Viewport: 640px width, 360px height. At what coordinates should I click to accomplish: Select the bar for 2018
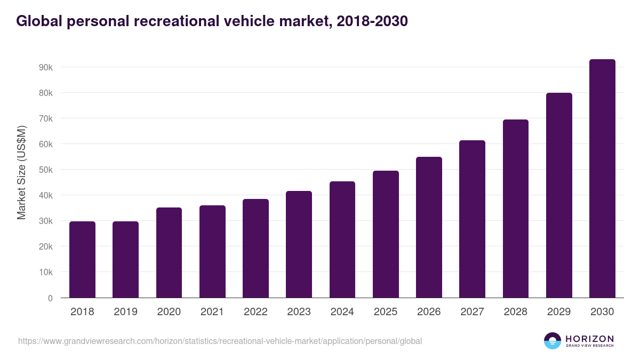82,260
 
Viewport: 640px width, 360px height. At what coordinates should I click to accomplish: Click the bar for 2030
602,179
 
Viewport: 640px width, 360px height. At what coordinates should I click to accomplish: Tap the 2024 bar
342,239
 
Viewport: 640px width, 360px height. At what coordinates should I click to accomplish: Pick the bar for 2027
472,219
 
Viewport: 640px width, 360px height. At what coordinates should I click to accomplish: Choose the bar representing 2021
212,252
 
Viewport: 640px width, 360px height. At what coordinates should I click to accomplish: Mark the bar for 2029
559,195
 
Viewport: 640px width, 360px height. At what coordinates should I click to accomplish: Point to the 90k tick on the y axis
45,68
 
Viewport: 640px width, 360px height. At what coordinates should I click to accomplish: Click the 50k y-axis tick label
45,170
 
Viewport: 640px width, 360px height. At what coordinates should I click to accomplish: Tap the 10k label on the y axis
45,273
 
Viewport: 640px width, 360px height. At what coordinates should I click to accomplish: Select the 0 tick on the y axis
50,298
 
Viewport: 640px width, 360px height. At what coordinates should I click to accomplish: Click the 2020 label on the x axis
169,312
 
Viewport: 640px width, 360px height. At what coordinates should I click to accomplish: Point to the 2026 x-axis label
429,312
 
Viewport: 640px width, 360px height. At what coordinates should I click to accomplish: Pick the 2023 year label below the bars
299,312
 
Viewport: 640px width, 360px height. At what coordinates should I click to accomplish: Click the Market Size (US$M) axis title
21,172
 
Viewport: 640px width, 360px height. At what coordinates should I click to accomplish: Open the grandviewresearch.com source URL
220,341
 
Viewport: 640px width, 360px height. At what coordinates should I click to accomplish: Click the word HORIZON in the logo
589,338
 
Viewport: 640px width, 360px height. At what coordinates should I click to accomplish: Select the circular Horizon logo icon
553,341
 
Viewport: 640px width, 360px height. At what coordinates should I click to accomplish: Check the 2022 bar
255,249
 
